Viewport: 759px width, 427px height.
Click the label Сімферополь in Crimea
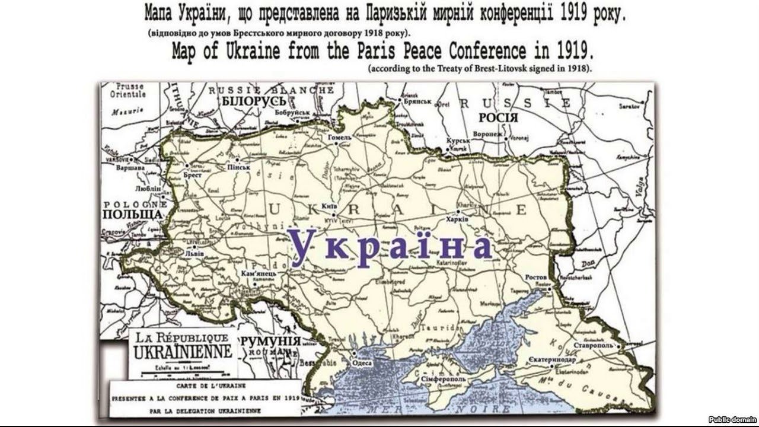(443, 379)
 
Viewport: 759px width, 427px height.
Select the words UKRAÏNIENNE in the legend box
(182, 351)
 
